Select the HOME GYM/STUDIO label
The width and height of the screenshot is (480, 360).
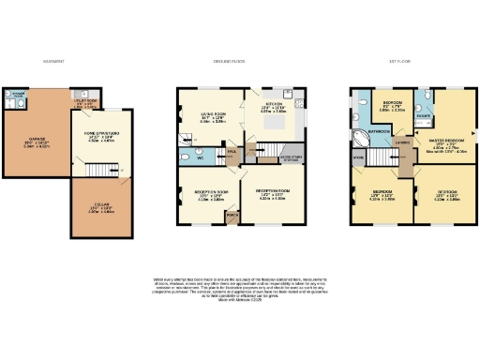[x=100, y=136]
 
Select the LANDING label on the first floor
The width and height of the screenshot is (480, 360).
[x=401, y=143]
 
